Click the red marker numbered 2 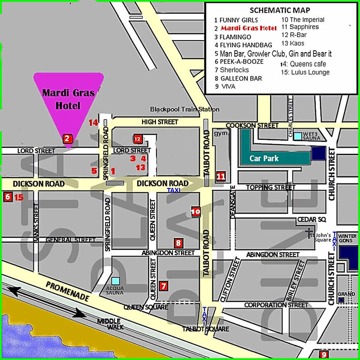pyautogui.click(x=67, y=139)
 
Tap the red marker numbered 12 pyautogui.click(x=138, y=139)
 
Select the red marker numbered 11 pyautogui.click(x=221, y=176)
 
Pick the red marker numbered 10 pyautogui.click(x=196, y=211)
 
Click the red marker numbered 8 pyautogui.click(x=177, y=242)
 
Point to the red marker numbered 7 pyautogui.click(x=164, y=285)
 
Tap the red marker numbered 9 pyautogui.click(x=324, y=355)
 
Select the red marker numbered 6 pyautogui.click(x=7, y=197)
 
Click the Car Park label pyautogui.click(x=264, y=158)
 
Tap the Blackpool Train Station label pyautogui.click(x=185, y=109)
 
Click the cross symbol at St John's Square pyautogui.click(x=307, y=234)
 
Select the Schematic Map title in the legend pyautogui.click(x=280, y=10)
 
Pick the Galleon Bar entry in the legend pyautogui.click(x=238, y=78)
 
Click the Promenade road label pyautogui.click(x=67, y=291)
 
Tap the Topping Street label pyautogui.click(x=271, y=187)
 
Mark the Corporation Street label pyautogui.click(x=276, y=305)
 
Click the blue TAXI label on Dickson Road pyautogui.click(x=173, y=190)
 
